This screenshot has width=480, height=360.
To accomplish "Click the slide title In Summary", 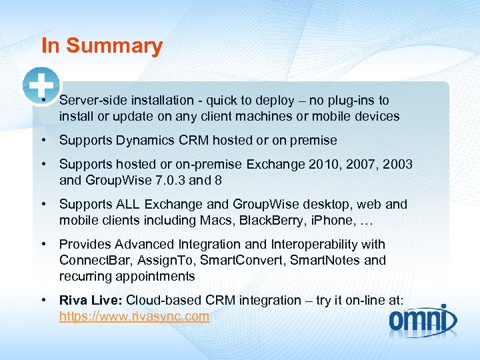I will tap(101, 46).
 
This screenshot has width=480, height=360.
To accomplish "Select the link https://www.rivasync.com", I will tap(134, 317).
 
